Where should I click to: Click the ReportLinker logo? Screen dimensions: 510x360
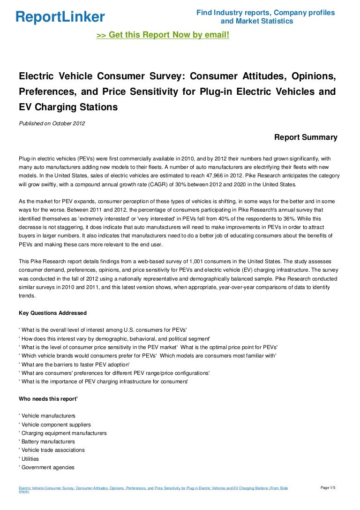(60, 17)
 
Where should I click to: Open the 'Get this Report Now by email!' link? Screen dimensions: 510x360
(163, 35)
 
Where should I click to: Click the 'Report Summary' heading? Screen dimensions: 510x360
(305, 137)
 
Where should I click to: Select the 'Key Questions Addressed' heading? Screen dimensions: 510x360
(52, 313)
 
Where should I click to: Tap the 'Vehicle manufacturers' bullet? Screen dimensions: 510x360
(48, 416)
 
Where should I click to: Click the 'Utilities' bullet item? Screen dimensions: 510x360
(30, 459)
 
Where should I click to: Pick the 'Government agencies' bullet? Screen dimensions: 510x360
(47, 467)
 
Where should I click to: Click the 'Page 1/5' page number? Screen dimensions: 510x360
(328, 488)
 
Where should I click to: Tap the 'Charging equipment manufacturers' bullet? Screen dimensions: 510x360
(64, 433)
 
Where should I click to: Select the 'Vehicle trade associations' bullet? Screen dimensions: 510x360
(53, 450)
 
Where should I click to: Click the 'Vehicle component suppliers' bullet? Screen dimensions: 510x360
(56, 425)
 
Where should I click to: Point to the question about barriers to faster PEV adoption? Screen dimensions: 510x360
(75, 365)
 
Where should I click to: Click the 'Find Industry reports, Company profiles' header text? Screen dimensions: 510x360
(265, 13)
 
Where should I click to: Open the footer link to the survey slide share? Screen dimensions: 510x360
(153, 489)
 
